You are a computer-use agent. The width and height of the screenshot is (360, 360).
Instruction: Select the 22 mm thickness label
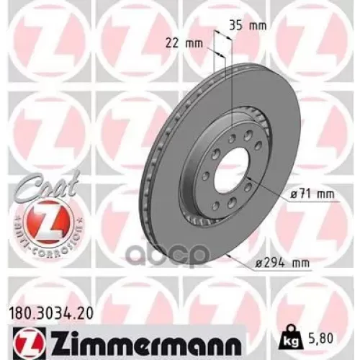tap(187, 42)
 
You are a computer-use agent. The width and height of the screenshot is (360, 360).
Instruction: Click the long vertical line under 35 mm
tap(233, 86)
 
